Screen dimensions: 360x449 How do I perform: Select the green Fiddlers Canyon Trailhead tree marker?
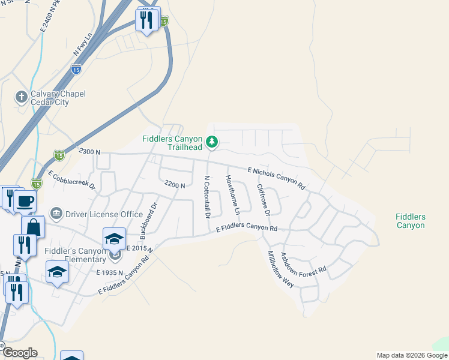[211, 142]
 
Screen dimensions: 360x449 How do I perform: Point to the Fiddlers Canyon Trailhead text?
[172, 143]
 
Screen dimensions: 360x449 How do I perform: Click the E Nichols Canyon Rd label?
[276, 178]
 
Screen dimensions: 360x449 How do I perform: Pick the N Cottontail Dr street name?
[207, 197]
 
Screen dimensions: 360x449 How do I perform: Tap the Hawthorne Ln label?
[233, 195]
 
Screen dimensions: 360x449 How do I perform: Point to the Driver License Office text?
[104, 214]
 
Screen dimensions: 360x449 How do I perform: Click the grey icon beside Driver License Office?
[56, 213]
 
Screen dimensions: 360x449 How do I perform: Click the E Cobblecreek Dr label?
[73, 181]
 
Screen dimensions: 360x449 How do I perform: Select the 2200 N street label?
[174, 185]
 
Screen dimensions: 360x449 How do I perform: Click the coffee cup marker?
[25, 202]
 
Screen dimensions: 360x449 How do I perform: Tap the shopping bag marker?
[33, 227]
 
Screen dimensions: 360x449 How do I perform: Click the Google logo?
[20, 353]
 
